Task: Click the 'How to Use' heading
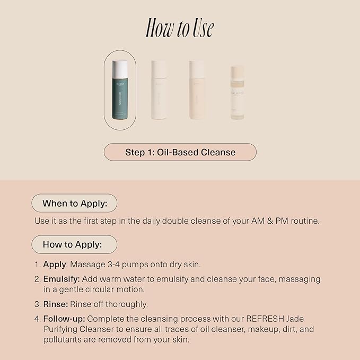[180, 29]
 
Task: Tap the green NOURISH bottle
[120, 95]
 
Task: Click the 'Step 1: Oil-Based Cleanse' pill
[180, 152]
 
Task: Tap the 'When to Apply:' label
[74, 203]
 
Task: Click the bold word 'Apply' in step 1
[54, 264]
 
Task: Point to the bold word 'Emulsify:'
[61, 279]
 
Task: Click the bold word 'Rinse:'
[55, 304]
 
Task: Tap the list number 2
[37, 279]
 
